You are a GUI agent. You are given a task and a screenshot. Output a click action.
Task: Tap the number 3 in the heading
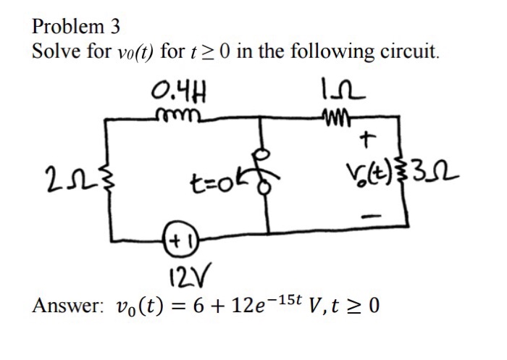(x=114, y=26)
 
